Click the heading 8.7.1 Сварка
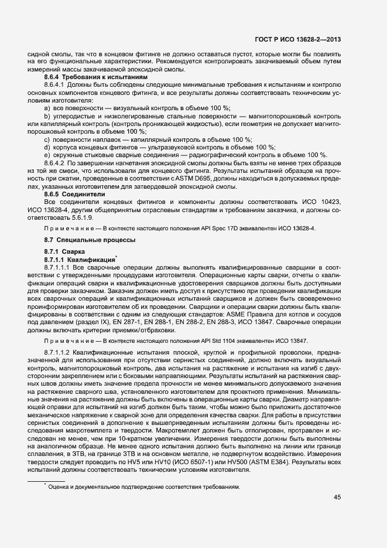click(60, 251)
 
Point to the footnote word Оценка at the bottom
click(59, 486)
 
